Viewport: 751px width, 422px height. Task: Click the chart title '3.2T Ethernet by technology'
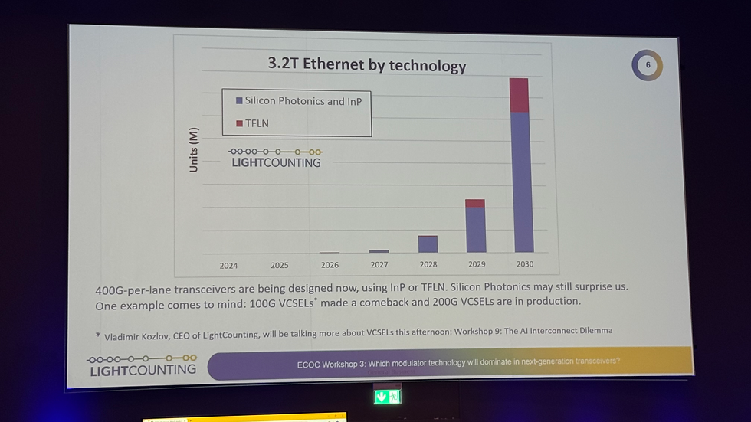click(366, 64)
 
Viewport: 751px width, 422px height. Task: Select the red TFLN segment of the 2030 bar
click(519, 95)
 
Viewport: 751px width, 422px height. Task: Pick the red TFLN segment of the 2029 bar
click(475, 203)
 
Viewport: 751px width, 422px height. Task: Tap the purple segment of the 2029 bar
click(476, 229)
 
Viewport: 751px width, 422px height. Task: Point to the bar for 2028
click(428, 244)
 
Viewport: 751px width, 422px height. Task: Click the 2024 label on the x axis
click(228, 266)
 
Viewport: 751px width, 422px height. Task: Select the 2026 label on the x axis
click(330, 265)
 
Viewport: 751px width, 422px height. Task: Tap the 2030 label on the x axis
click(524, 264)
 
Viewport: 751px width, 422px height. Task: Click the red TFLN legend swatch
click(240, 123)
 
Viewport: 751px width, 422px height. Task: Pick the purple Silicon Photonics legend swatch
click(240, 101)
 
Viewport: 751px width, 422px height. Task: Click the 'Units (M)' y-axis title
click(194, 149)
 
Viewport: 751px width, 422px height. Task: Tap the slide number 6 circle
click(648, 65)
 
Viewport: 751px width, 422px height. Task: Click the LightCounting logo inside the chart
click(277, 157)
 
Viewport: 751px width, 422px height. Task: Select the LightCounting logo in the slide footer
click(142, 365)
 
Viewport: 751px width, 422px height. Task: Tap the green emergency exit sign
click(388, 396)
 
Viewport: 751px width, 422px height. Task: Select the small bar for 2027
click(379, 250)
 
